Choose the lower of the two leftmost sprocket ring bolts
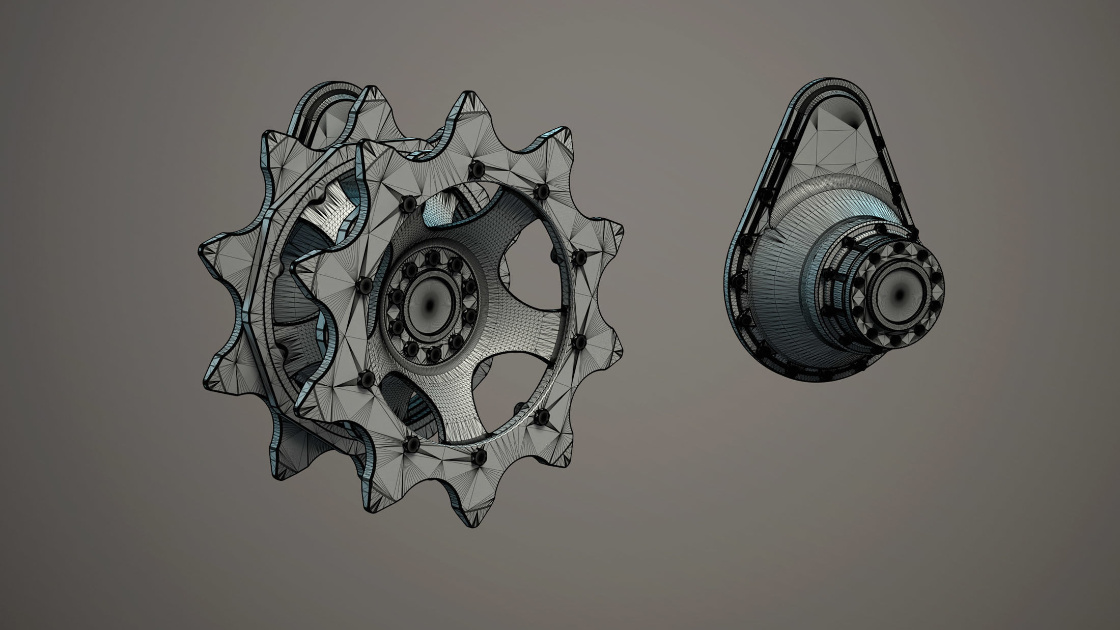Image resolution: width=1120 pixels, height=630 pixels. (x=366, y=378)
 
